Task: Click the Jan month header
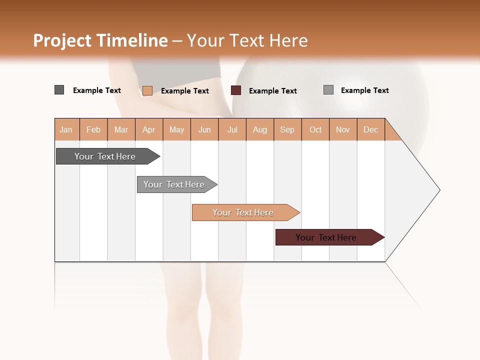(x=66, y=129)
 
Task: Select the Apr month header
(x=149, y=129)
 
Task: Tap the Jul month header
(x=232, y=129)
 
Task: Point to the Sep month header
(x=287, y=129)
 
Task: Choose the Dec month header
(x=371, y=129)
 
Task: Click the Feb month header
(x=93, y=129)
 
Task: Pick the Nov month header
(x=343, y=129)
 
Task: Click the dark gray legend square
(x=59, y=90)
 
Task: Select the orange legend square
(x=147, y=90)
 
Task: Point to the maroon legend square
(x=236, y=90)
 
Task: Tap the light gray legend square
(x=328, y=90)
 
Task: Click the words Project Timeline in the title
(x=100, y=40)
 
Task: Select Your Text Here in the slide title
(x=247, y=40)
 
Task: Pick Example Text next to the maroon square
(x=273, y=91)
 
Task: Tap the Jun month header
(x=204, y=129)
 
